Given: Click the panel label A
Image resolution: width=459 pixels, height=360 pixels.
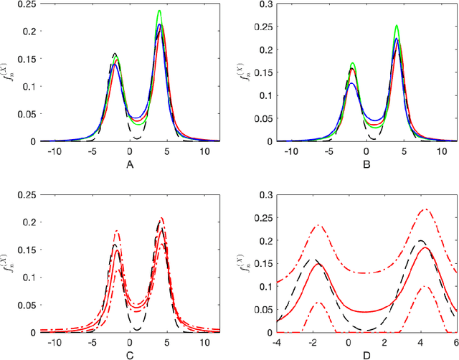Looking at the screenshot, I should [129, 162].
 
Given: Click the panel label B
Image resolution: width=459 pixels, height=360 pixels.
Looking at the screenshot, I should [366, 162].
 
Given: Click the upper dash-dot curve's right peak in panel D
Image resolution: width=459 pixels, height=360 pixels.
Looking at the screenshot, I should [425, 209].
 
